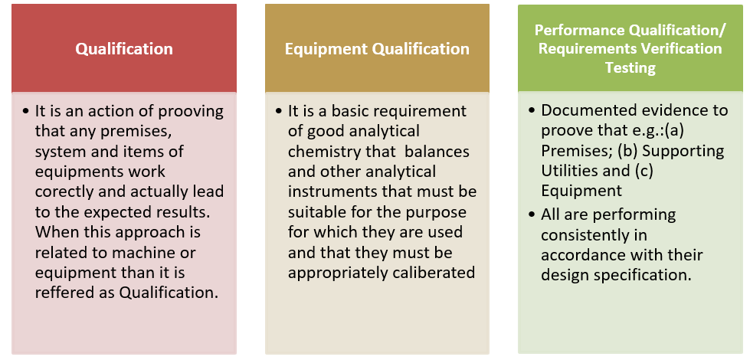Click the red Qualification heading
coord(123,49)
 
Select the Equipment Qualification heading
coord(377,49)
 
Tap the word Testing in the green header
coord(630,67)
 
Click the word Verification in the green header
coord(680,48)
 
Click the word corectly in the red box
coord(66,191)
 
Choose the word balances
coord(439,152)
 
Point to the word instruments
coord(330,191)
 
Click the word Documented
coord(586,110)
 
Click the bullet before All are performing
coord(532,214)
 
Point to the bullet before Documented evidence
coord(532,110)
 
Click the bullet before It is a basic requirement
coord(279,111)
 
